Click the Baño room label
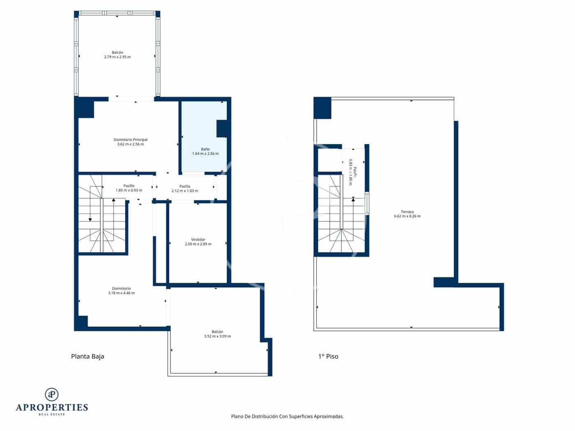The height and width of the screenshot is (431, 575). (x=205, y=149)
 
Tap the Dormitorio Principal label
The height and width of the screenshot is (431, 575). (x=130, y=140)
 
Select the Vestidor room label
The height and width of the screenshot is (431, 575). (x=198, y=239)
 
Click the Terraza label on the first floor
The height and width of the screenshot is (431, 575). (x=407, y=212)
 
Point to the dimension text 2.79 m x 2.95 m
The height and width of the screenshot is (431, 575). (x=117, y=57)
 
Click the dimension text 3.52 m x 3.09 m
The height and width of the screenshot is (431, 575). (x=217, y=336)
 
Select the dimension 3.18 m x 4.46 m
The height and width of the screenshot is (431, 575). (x=121, y=293)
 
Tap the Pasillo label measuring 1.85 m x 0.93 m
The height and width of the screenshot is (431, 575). (x=129, y=186)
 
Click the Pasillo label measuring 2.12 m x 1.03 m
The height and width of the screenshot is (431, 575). (x=185, y=186)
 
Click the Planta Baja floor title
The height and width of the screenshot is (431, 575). (x=87, y=356)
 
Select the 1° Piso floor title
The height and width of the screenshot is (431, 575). (x=328, y=356)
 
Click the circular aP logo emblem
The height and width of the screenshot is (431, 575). (x=52, y=394)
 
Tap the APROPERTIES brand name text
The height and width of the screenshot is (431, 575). (x=52, y=407)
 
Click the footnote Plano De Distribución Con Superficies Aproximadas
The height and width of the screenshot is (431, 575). (x=287, y=416)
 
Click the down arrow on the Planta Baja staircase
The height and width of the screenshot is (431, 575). (x=90, y=220)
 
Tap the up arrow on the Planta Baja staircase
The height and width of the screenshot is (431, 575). (x=114, y=200)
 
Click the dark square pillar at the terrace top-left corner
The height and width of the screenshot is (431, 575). (x=322, y=108)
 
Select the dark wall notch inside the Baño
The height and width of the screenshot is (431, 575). (x=222, y=128)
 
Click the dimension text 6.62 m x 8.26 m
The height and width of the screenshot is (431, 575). (x=407, y=216)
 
